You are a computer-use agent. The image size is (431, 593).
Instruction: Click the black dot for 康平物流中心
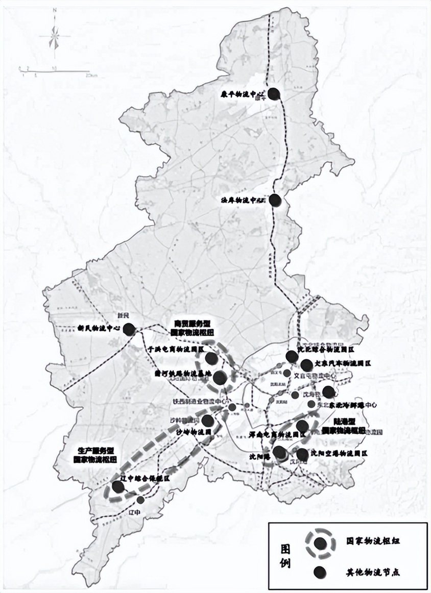(274, 93)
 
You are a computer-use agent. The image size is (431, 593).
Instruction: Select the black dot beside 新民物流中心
(129, 330)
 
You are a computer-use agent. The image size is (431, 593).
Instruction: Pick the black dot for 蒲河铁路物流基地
(220, 378)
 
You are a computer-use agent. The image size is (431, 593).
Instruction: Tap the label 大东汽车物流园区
(342, 364)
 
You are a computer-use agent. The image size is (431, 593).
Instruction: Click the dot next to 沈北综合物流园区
(291, 356)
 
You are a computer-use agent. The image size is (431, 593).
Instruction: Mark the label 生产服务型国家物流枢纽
(95, 455)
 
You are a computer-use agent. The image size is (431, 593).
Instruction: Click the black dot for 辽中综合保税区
(118, 486)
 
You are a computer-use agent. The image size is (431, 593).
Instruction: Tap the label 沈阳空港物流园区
(339, 453)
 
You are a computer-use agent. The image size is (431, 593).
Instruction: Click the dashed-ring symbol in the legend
(321, 543)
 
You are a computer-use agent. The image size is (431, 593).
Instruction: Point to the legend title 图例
(286, 556)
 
